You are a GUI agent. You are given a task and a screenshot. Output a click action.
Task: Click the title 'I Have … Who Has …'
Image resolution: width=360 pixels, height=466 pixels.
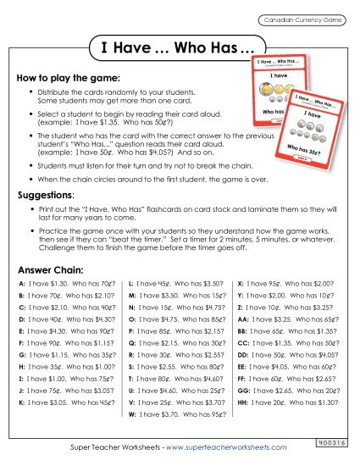(x=179, y=48)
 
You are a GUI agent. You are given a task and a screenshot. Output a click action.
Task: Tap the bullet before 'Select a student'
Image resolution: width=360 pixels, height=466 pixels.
(x=31, y=113)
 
